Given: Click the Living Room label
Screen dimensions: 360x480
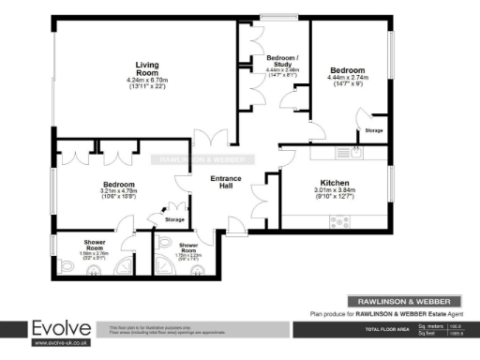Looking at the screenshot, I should pos(145,67).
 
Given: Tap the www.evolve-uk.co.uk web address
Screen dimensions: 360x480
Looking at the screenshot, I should pos(62,343).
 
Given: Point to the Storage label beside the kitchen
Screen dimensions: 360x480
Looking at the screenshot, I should pos(373,130).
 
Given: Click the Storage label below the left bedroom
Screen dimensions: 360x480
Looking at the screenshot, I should pos(174,219).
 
